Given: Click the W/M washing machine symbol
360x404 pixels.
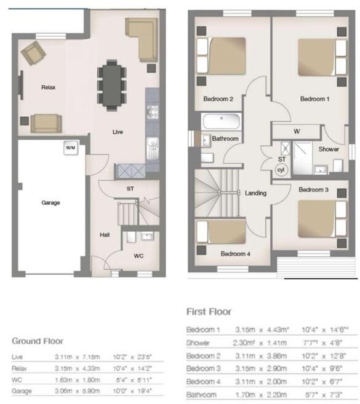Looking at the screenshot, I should (70, 148).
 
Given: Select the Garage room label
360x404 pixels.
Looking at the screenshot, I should (50, 202).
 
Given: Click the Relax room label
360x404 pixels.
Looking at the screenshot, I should (48, 88).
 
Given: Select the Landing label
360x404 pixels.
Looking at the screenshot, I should (255, 193).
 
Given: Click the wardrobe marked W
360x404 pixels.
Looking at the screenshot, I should (297, 131).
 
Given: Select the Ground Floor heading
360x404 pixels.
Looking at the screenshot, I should (37, 341).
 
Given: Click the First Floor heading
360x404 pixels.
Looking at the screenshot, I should (209, 312).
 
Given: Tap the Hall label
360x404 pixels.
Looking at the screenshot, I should (105, 234).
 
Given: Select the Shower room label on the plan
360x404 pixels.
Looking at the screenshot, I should (329, 149).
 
